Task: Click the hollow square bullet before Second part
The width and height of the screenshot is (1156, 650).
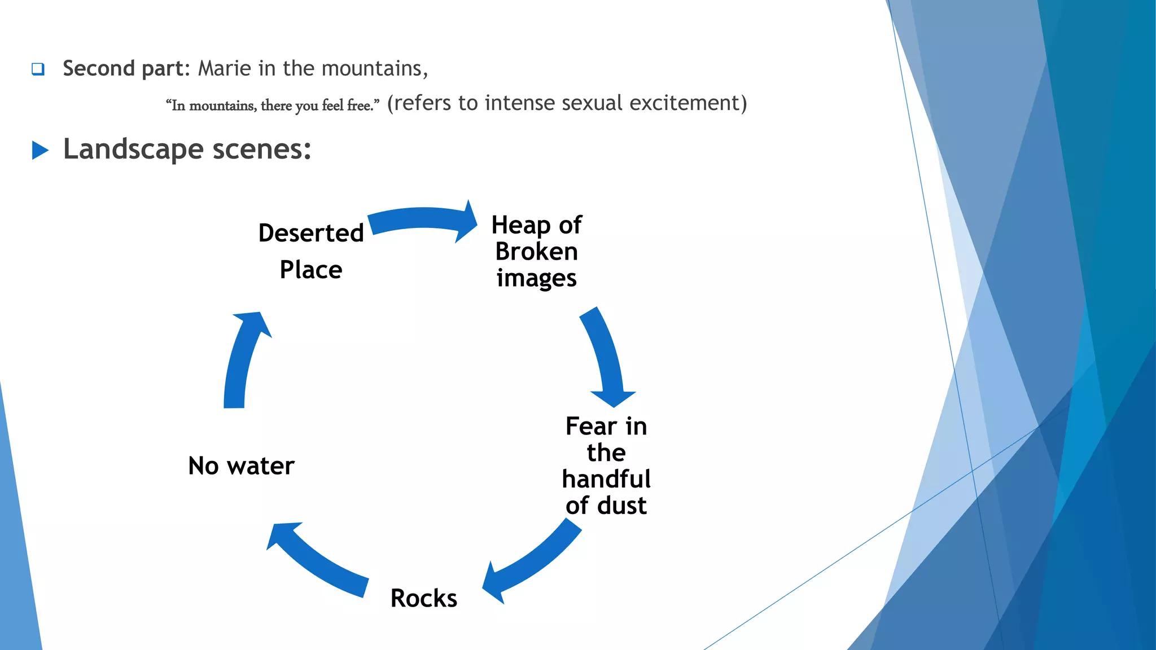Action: tap(38, 69)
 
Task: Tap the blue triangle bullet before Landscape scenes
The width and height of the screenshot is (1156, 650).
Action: tap(40, 151)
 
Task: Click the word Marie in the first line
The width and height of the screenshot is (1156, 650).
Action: tap(224, 68)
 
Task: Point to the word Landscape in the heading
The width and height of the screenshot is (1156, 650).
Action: tap(133, 150)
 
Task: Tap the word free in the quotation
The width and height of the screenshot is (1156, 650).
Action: tap(358, 106)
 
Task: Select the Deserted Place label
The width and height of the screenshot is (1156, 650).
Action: tap(311, 251)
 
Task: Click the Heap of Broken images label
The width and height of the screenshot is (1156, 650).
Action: tap(536, 251)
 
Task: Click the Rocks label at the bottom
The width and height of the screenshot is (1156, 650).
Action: tap(424, 598)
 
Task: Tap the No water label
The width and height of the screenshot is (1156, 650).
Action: tap(241, 466)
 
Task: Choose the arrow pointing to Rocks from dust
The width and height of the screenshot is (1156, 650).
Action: tap(533, 564)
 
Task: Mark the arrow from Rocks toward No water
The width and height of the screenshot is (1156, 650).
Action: tap(316, 561)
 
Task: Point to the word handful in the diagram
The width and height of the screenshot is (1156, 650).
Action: tap(606, 479)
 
